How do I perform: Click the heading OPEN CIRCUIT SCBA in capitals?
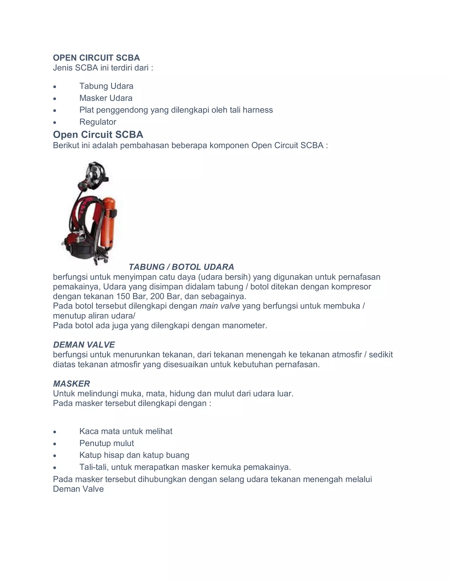click(x=96, y=58)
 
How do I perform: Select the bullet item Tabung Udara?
click(x=106, y=86)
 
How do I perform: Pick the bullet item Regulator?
click(x=98, y=122)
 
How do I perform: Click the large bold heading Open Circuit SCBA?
click(x=98, y=135)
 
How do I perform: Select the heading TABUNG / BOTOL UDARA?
click(x=181, y=267)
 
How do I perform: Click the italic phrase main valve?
click(x=220, y=306)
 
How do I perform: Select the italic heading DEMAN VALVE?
click(x=84, y=345)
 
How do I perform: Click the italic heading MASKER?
click(x=71, y=384)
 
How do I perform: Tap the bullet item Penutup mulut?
click(x=107, y=443)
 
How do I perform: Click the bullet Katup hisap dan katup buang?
click(x=134, y=455)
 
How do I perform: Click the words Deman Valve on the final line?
click(x=78, y=489)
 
